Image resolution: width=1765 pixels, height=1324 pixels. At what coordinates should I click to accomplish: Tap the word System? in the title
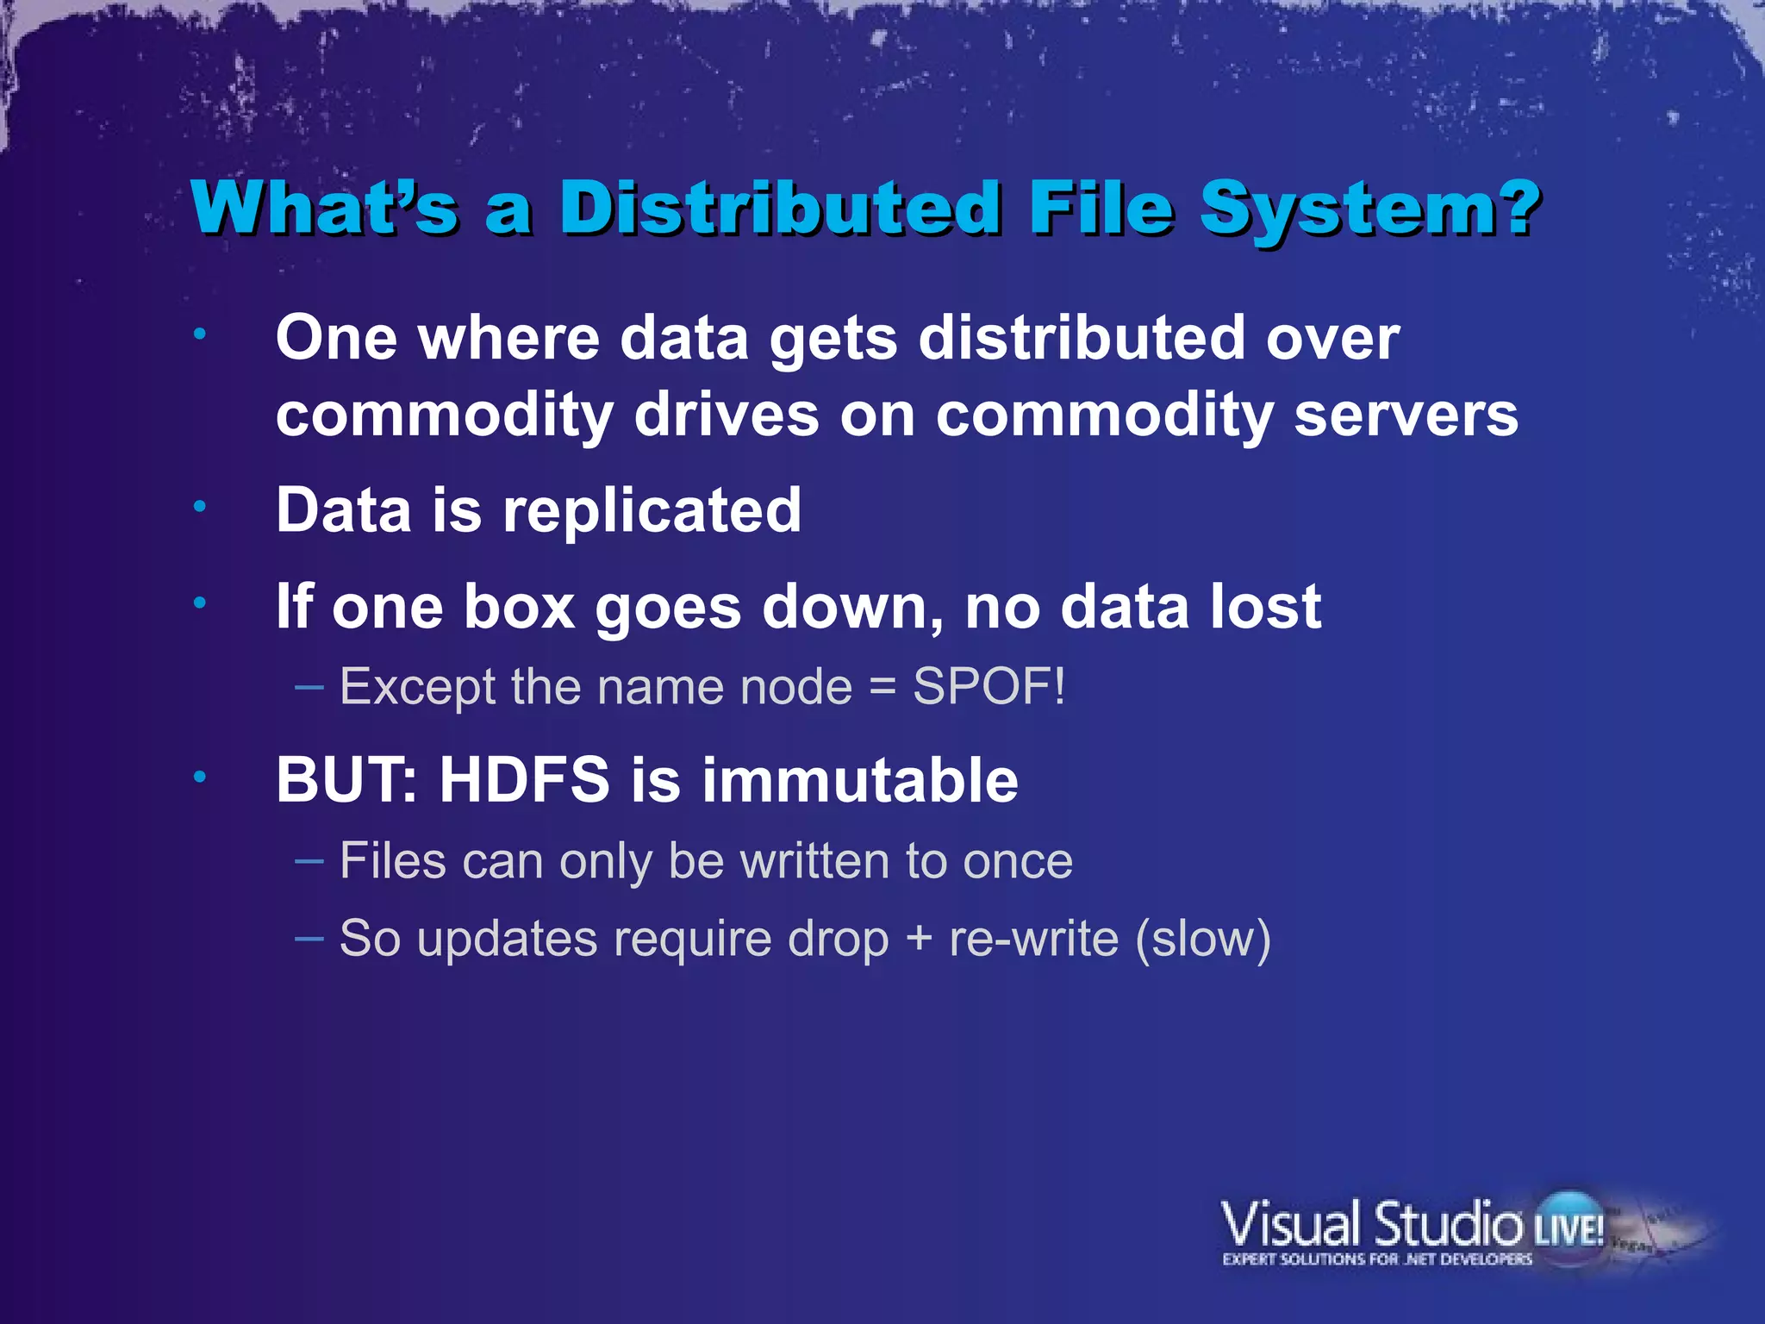[x=1369, y=209]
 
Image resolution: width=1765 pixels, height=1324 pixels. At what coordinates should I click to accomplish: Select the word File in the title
[x=1101, y=209]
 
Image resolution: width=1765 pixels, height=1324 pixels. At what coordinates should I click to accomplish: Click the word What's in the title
[x=324, y=209]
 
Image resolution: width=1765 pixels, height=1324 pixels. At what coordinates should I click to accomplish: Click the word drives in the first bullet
[x=727, y=415]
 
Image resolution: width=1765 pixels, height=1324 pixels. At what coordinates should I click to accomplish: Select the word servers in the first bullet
[x=1406, y=415]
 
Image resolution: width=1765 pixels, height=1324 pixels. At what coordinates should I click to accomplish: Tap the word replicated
[x=652, y=510]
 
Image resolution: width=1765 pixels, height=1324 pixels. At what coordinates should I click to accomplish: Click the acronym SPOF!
[x=989, y=687]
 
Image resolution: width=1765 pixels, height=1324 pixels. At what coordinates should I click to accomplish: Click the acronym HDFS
[x=525, y=780]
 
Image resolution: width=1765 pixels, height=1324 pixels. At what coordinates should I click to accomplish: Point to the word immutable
[x=860, y=780]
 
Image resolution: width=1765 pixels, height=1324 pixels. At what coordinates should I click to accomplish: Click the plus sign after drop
[x=919, y=939]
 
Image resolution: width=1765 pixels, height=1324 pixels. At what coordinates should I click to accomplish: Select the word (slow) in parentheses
[x=1202, y=939]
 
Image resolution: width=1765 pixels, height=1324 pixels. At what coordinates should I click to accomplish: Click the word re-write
[x=1033, y=939]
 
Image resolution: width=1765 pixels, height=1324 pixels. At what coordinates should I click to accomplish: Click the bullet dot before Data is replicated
[x=200, y=507]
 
